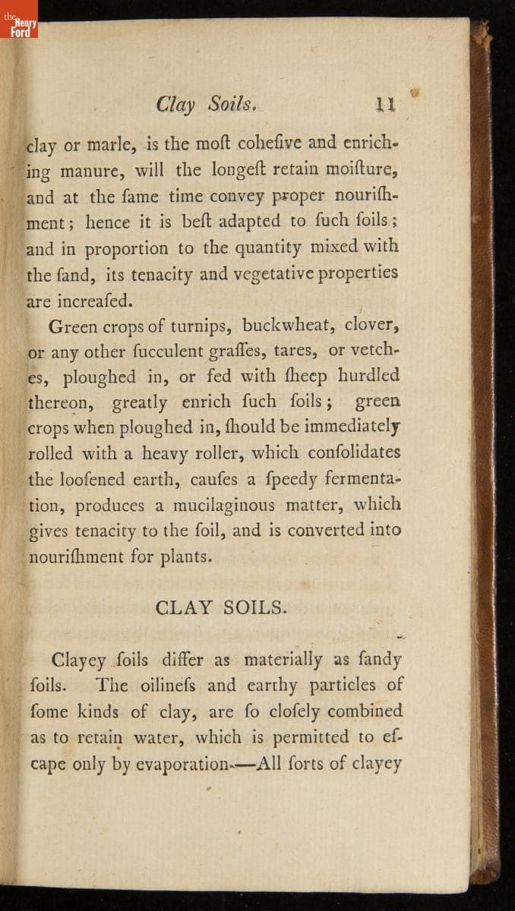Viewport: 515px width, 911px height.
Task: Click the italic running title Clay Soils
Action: pyautogui.click(x=204, y=105)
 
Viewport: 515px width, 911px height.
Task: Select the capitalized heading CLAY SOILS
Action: pyautogui.click(x=221, y=607)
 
